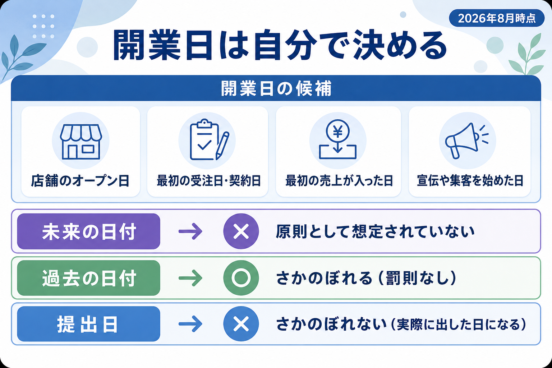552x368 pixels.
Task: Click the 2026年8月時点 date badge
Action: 497,18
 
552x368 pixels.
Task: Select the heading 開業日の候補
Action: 276,88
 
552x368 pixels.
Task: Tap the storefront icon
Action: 81,142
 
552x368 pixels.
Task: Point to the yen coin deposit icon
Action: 337,139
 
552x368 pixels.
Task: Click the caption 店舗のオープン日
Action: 80,181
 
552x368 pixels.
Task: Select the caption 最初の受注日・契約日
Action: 209,181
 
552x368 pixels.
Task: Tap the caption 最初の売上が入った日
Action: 339,181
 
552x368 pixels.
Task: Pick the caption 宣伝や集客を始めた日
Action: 470,181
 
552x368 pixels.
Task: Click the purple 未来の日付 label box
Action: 89,231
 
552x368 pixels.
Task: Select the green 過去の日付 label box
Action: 89,278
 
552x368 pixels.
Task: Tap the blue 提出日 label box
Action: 89,324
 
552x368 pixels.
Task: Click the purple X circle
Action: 241,231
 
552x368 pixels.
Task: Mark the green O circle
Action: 241,278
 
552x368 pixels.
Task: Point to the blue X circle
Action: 241,324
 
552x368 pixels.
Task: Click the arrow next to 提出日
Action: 190,324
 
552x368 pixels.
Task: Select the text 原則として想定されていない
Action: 375,231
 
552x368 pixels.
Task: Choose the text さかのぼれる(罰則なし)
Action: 366,278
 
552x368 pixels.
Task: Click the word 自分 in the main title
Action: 285,45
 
